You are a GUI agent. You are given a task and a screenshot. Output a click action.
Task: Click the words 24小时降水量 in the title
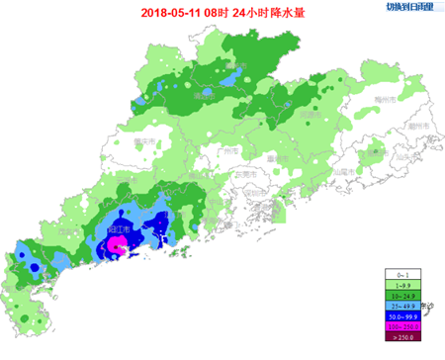[276, 14]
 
